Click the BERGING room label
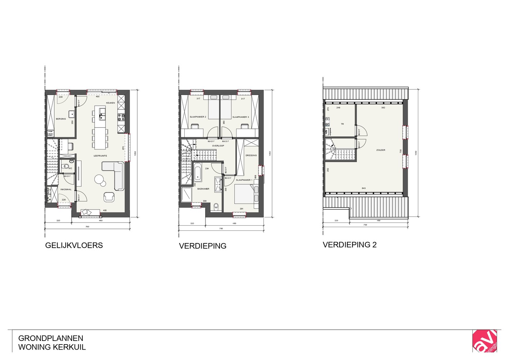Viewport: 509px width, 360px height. [61, 119]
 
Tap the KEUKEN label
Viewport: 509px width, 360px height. [111, 103]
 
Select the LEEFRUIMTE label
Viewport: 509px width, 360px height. [100, 156]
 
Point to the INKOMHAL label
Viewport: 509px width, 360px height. [66, 189]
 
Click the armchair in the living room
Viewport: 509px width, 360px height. [109, 197]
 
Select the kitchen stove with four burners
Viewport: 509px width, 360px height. [121, 117]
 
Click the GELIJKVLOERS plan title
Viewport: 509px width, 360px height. [74, 246]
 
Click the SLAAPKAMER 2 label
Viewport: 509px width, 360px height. [198, 117]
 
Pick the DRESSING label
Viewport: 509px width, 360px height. [251, 156]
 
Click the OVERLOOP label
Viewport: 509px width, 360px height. [218, 146]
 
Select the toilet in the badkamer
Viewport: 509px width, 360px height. [216, 206]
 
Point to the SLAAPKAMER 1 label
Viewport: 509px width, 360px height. [244, 180]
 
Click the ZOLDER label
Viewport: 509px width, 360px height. [380, 150]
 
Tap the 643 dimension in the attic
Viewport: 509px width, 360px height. [364, 188]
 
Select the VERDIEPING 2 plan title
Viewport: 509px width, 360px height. [350, 245]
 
